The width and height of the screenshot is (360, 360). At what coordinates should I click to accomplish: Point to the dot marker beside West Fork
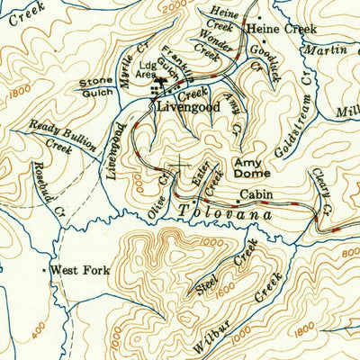(x=44, y=269)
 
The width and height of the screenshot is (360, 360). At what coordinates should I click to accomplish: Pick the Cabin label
(x=256, y=194)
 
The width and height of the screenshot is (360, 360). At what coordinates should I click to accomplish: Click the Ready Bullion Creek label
(x=55, y=135)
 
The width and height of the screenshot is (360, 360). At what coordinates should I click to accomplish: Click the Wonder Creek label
(x=208, y=44)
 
